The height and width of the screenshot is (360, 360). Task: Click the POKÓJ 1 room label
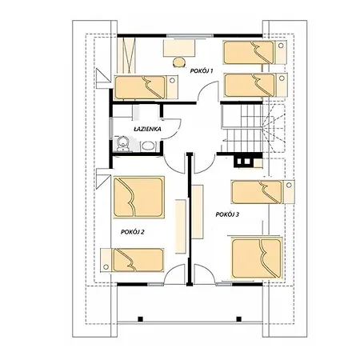click(202, 71)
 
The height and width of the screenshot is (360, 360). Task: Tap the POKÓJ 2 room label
click(133, 232)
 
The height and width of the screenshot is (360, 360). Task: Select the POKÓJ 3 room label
click(227, 214)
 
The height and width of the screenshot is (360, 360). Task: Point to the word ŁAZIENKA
click(147, 129)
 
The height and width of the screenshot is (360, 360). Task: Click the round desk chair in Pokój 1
click(179, 62)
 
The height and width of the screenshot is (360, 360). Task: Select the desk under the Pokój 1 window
click(179, 48)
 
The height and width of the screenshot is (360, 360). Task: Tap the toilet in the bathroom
click(122, 144)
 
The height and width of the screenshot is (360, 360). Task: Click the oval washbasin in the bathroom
click(148, 146)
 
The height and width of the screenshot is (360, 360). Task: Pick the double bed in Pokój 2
click(138, 197)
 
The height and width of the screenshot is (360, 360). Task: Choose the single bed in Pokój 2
click(132, 260)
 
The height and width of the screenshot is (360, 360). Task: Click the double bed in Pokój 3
click(257, 258)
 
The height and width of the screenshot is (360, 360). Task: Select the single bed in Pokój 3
click(263, 192)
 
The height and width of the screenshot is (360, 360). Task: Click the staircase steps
click(242, 128)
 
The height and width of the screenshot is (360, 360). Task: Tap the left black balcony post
click(140, 319)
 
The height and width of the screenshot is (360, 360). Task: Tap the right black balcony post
click(239, 319)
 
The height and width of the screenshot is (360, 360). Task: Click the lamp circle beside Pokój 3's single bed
click(289, 185)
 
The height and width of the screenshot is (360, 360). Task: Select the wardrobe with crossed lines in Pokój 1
click(126, 55)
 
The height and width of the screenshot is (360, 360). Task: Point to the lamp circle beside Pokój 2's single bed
click(106, 266)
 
